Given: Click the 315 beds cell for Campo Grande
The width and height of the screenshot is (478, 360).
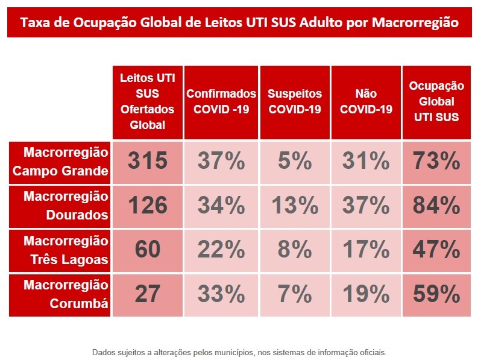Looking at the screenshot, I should tap(148, 162).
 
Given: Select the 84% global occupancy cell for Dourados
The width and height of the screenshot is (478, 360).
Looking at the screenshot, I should tap(436, 206).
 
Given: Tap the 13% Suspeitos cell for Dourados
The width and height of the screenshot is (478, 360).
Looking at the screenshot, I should tap(295, 206).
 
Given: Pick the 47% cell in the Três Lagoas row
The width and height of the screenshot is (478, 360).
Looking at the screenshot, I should tap(436, 250).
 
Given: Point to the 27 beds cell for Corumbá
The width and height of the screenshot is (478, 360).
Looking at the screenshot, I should tap(148, 294).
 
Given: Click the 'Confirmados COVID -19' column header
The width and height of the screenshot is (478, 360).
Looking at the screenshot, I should tap(221, 102).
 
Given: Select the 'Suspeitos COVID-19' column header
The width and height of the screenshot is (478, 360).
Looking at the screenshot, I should tap(295, 102).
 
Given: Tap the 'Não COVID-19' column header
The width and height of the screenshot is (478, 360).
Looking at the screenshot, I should tap(365, 102).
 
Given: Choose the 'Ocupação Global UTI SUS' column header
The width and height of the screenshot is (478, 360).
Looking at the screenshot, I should tap(436, 102).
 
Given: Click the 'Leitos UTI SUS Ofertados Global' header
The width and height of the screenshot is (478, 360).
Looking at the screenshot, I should tap(148, 102).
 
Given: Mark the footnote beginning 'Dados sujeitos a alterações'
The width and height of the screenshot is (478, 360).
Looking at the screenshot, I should tap(239, 352).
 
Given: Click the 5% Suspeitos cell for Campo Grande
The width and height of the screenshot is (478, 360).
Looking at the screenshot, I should tap(295, 162).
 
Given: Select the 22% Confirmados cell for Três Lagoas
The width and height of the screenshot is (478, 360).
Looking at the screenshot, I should tap(221, 250).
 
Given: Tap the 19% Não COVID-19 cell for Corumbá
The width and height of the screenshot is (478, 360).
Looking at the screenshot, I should tap(365, 294).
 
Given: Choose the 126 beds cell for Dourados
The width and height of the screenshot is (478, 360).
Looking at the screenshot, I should tap(148, 206).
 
